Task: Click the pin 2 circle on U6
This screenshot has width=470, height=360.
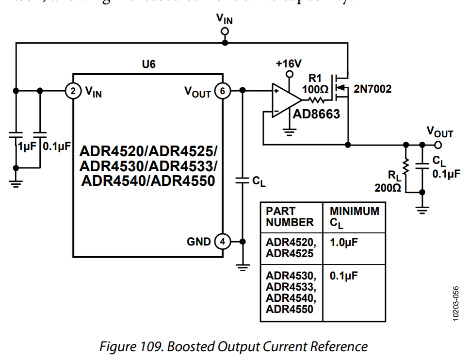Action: click(72, 91)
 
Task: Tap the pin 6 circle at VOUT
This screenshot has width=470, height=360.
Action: click(223, 91)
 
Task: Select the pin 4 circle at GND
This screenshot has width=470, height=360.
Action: click(223, 241)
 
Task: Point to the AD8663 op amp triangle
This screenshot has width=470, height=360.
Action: click(286, 101)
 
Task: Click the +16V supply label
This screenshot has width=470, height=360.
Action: click(289, 64)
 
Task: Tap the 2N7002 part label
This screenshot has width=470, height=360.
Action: click(372, 89)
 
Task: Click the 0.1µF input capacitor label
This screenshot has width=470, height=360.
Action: click(57, 146)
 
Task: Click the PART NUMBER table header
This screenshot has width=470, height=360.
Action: click(290, 217)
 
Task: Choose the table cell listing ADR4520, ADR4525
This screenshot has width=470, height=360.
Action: click(290, 248)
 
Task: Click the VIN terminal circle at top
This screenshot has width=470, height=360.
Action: click(225, 32)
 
